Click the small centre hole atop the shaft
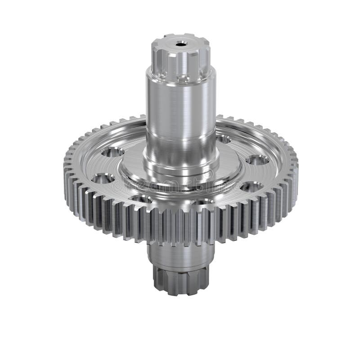181,44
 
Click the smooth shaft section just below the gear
180,254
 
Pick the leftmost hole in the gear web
103,179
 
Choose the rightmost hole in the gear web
258,160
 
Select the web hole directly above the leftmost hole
112,152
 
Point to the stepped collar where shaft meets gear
180,169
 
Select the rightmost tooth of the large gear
295,166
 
